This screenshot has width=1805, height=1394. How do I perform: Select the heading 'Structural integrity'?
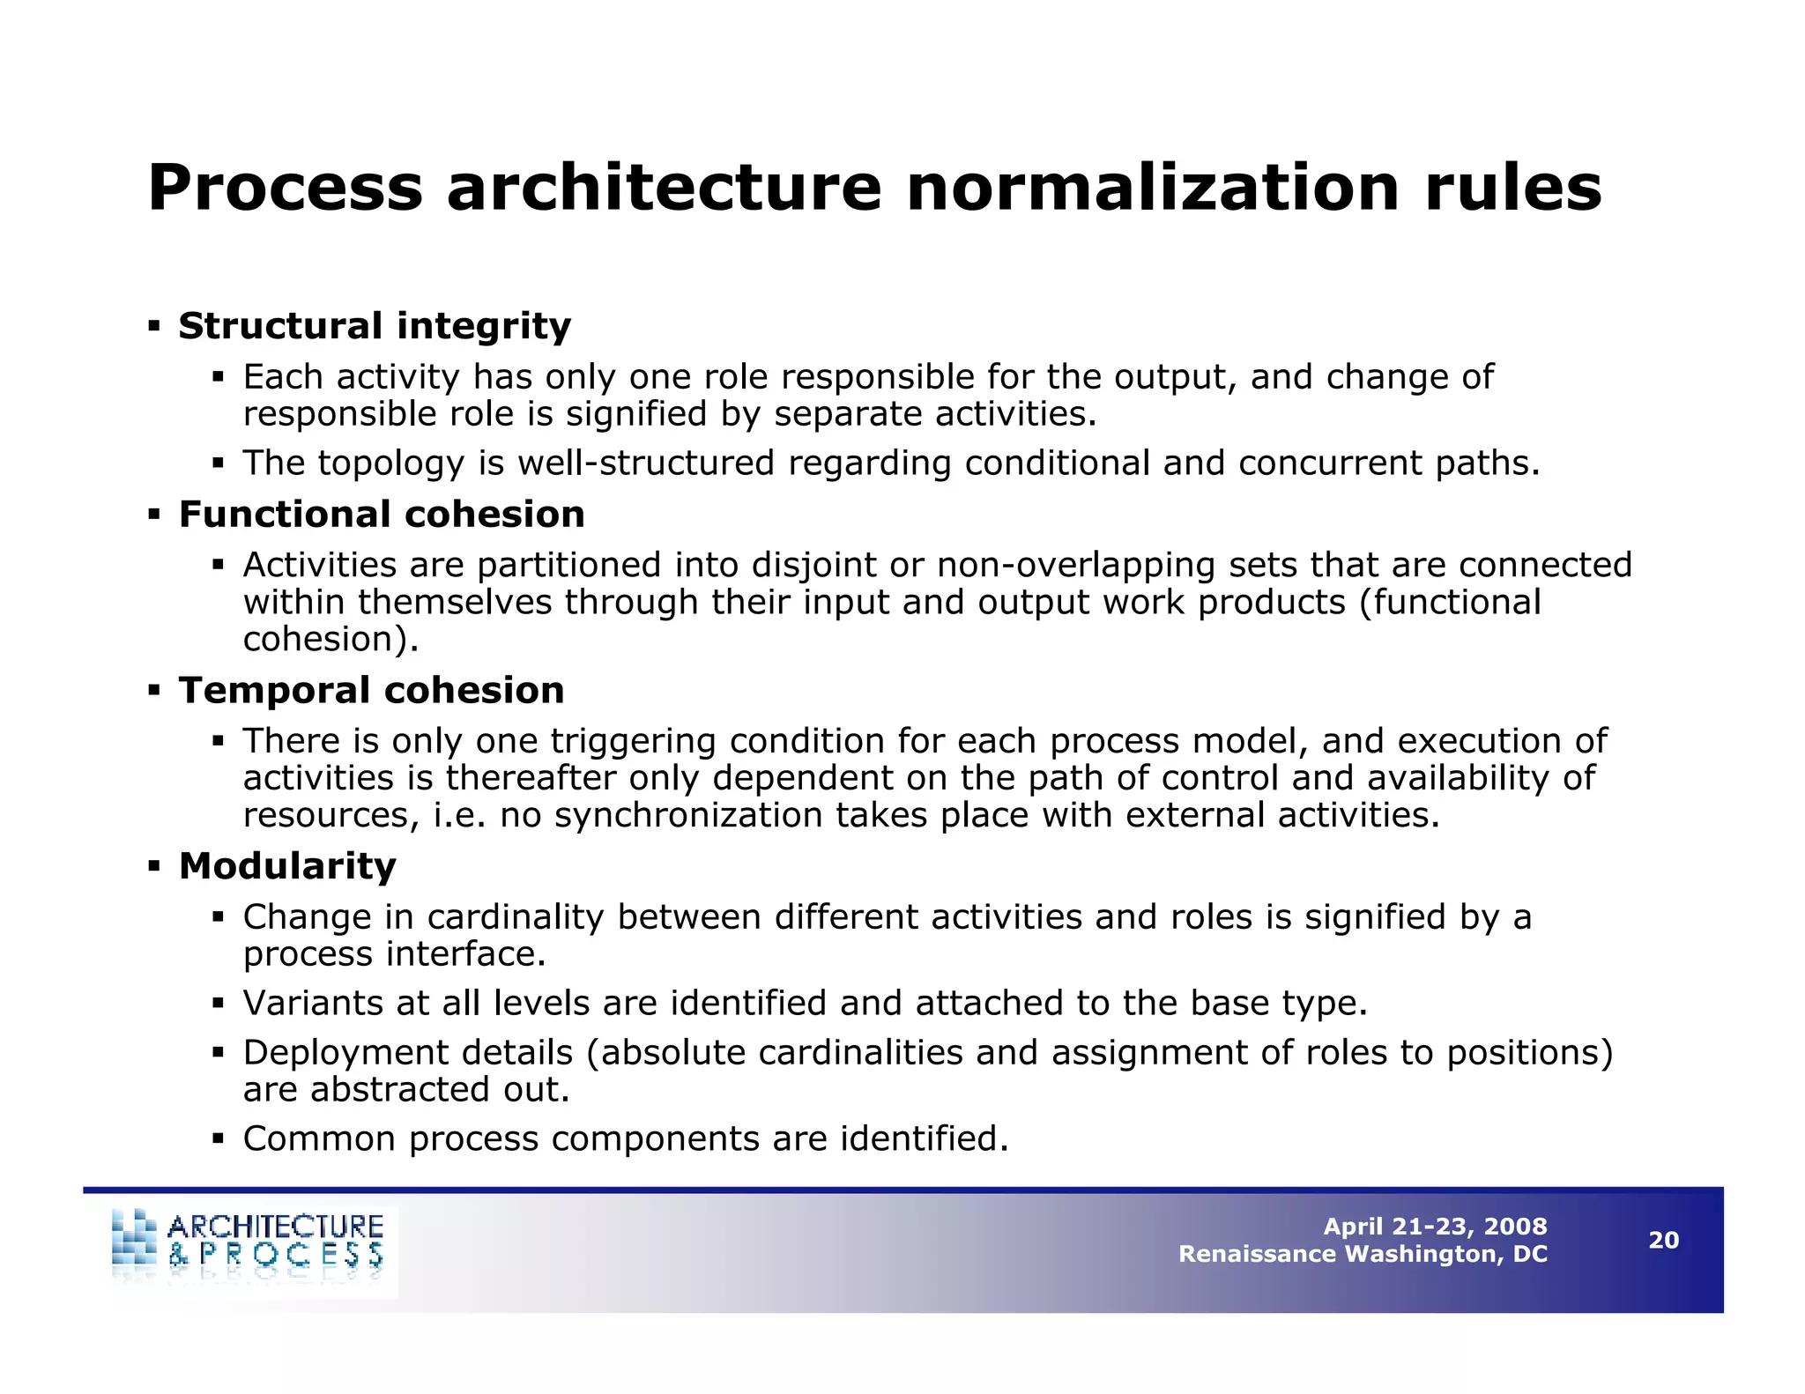375,326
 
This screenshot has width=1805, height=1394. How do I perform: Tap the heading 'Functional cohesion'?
382,515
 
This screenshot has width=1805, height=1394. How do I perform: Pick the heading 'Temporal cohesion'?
371,690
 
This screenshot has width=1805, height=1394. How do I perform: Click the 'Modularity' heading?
287,866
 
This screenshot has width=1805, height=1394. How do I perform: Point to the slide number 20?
1663,1241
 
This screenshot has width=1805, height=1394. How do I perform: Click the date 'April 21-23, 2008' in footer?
1435,1227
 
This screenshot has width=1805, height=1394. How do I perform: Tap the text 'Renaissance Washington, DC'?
1363,1254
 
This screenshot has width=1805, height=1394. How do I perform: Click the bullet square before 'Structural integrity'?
154,327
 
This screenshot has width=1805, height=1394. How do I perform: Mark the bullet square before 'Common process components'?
219,1139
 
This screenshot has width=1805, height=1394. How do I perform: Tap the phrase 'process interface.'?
394,954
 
